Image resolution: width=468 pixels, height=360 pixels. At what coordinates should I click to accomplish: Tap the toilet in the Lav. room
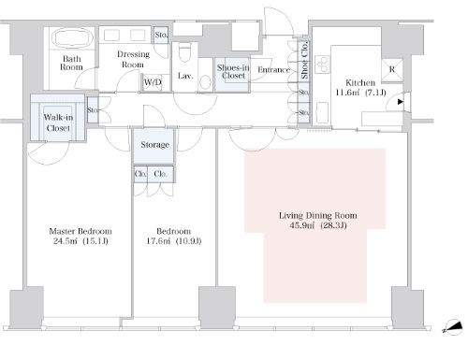point(185,52)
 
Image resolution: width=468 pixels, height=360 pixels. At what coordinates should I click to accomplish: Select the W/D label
point(153,82)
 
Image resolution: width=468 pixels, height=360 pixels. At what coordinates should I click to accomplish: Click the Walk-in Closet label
point(58,122)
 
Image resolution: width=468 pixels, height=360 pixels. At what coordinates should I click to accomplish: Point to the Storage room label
point(155,145)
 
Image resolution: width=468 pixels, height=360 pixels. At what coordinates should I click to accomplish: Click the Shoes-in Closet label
point(233,72)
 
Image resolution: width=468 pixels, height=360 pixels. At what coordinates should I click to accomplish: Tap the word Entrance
point(274,70)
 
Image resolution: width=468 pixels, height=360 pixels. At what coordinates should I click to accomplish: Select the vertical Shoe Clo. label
point(304,60)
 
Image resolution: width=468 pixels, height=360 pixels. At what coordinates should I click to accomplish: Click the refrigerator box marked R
point(392,69)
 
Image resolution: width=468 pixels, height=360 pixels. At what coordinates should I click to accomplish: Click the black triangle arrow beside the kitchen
point(401,102)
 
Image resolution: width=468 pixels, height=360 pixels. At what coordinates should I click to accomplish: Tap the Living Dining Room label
point(318,215)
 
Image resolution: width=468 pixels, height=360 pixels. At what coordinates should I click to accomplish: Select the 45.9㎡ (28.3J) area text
point(318,225)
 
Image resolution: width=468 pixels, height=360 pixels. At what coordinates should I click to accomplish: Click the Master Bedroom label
point(80,231)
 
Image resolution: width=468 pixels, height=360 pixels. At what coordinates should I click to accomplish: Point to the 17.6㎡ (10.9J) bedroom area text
point(174,241)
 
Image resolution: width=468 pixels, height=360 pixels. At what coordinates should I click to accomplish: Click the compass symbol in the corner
point(454,327)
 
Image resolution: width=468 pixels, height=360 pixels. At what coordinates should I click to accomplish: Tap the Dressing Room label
point(133,59)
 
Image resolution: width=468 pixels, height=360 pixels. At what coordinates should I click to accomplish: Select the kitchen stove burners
point(322,65)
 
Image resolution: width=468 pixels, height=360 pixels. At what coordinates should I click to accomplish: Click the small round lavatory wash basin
point(205,82)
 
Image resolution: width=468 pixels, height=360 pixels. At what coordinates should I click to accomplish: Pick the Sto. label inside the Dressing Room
point(161,35)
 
